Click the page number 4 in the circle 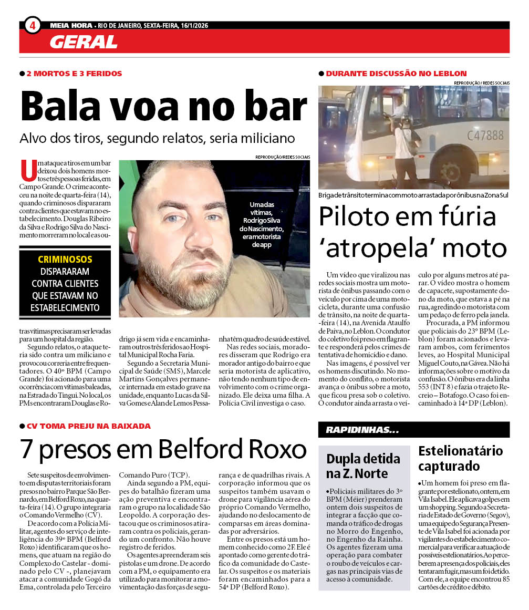(x=33, y=25)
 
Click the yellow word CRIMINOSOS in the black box (x=65, y=260)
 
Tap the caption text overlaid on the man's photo (x=262, y=224)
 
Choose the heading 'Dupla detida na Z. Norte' (x=363, y=466)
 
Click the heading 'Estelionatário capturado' (x=460, y=458)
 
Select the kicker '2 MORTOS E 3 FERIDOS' (x=74, y=74)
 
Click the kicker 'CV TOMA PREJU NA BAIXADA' (x=88, y=426)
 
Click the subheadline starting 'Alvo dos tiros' (x=157, y=138)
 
